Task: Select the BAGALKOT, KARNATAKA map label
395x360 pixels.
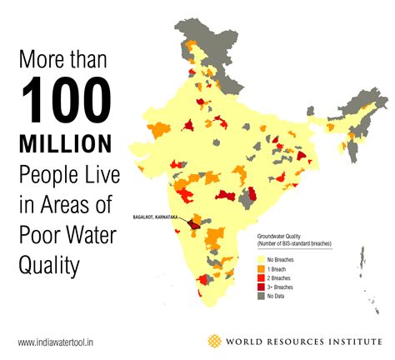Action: pos(157,217)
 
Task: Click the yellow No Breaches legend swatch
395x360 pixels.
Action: pos(260,260)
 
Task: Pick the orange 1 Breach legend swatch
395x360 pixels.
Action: pos(260,269)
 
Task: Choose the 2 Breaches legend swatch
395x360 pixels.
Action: pos(260,278)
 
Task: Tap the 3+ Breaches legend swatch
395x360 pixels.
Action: pos(260,287)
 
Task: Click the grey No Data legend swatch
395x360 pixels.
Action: pos(260,297)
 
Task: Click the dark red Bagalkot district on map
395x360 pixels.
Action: pos(193,224)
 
